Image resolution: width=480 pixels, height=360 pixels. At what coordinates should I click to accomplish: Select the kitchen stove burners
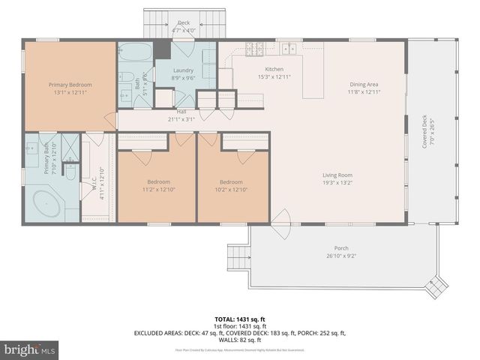point(255,49)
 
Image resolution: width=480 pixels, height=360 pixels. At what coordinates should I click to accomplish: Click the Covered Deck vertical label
point(424,132)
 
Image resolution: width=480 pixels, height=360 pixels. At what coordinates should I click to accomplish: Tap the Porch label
point(341,248)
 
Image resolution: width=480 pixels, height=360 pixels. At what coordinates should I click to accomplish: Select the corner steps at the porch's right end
point(434,286)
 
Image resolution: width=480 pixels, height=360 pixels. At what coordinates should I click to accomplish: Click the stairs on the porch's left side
point(238,258)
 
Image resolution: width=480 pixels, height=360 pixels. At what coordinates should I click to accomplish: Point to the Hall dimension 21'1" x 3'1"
point(181,118)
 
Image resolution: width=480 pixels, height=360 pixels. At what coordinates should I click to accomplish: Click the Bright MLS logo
point(31,349)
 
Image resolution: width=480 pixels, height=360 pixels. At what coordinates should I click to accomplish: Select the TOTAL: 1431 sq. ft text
point(240,318)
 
